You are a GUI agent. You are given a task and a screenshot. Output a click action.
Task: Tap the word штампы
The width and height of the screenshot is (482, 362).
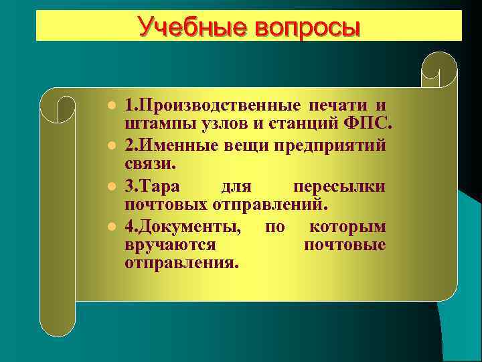coord(155,124)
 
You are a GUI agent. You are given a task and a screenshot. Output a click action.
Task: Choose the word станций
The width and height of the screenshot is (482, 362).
coord(305,124)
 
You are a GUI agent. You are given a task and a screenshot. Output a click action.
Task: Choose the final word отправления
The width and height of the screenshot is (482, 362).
coord(181,262)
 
